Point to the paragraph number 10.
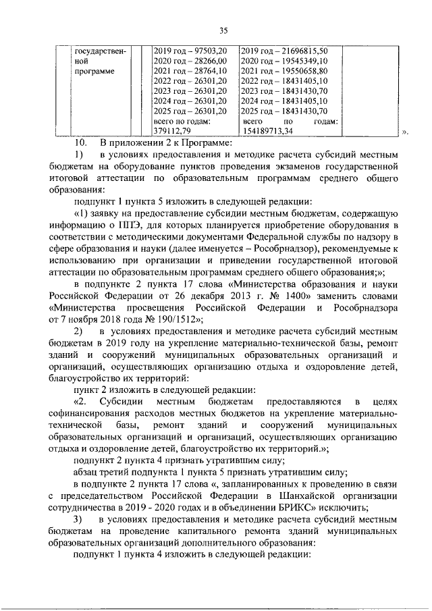tap(81, 143)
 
